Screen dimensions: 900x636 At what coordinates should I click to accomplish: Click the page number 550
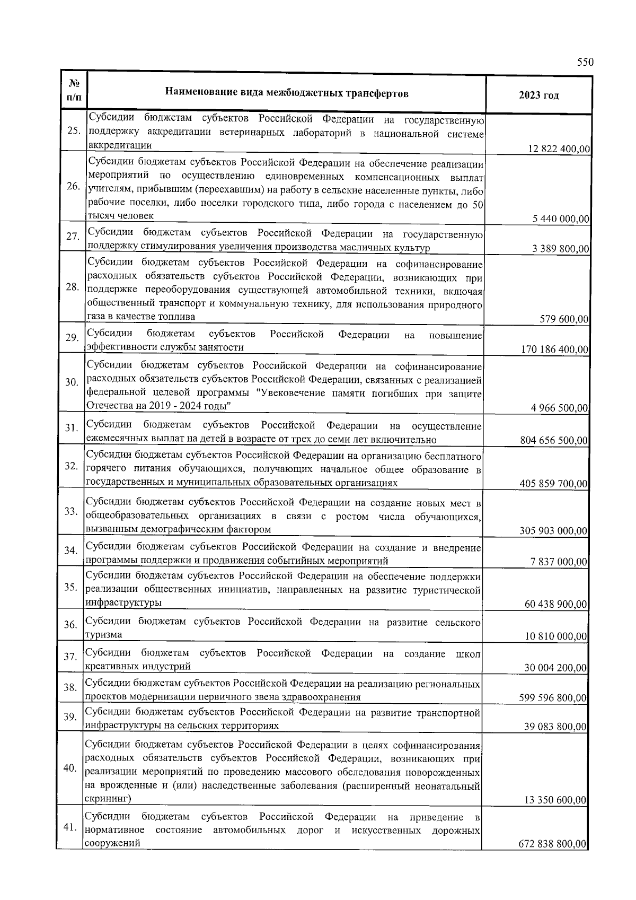coord(585,62)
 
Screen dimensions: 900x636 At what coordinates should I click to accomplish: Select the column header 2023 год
coord(539,95)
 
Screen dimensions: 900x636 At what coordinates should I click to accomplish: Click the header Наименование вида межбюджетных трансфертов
coord(287,94)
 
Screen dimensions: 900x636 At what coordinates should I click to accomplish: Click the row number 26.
coord(73,187)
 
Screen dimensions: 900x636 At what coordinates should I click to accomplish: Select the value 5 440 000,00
coord(561,219)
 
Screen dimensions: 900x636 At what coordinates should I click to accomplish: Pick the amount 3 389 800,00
coord(561,249)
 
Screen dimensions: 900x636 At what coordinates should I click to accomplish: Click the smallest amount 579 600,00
coord(564,319)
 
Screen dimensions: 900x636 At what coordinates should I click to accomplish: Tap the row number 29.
coord(73,338)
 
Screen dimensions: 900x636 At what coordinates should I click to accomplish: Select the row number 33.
coord(72,511)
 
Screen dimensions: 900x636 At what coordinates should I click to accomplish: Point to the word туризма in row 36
coord(103,635)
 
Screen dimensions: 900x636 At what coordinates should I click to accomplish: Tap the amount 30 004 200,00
coord(555,668)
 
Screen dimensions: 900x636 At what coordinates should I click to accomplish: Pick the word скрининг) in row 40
coord(108,798)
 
